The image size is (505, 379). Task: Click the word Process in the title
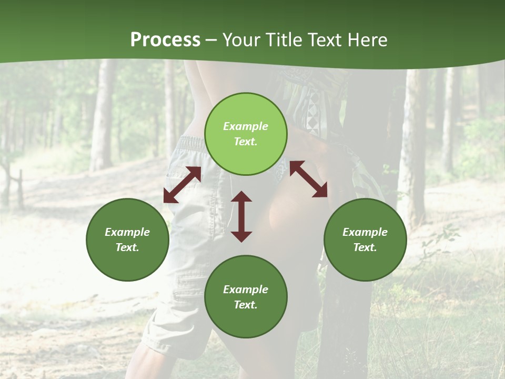click(165, 40)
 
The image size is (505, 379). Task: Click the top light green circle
click(246, 134)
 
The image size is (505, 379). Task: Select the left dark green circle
click(127, 240)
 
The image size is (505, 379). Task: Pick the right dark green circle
click(365, 240)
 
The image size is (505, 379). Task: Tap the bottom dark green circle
click(246, 297)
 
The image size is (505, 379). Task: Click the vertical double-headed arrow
click(241, 216)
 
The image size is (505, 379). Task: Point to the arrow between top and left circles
click(182, 185)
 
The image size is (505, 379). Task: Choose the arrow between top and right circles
click(309, 179)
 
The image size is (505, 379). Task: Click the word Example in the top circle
click(246, 126)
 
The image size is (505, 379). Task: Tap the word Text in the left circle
click(127, 247)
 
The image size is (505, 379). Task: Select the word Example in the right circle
click(365, 232)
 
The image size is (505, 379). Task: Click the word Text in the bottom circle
click(246, 305)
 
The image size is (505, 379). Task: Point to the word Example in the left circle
click(127, 232)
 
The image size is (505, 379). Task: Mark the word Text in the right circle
click(365, 247)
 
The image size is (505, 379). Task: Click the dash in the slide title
click(211, 40)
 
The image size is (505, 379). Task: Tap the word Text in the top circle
click(246, 142)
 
